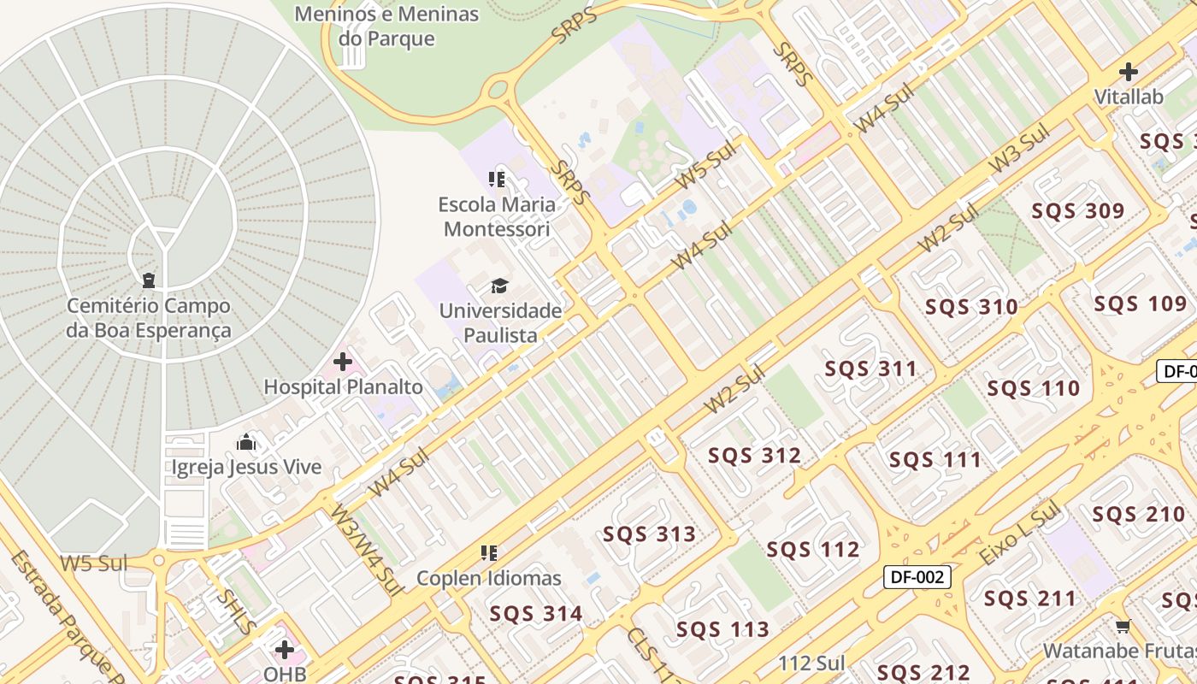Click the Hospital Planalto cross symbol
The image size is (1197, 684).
coord(343,362)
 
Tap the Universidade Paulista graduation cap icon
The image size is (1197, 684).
coord(499,286)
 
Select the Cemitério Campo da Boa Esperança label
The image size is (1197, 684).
coord(149,318)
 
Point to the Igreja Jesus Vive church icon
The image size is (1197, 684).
coord(246,442)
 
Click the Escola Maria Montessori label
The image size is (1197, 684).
coord(497,217)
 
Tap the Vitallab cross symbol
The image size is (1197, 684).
coord(1129,72)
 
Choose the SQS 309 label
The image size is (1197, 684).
coord(1077,211)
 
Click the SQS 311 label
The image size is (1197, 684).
coord(870,369)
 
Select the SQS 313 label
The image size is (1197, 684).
coord(650,534)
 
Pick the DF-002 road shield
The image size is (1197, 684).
coord(917,577)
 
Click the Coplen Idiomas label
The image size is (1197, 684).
coord(489,578)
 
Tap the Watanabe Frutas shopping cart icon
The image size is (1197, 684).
coord(1123,626)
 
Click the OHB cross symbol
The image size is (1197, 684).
coord(285,650)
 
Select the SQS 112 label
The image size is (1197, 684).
coord(812,549)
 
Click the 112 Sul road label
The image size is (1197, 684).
coord(811,663)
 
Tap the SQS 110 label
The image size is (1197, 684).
coord(1033,389)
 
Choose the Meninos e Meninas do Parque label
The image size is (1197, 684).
coord(386,27)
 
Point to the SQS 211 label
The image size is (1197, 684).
coord(1029,598)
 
